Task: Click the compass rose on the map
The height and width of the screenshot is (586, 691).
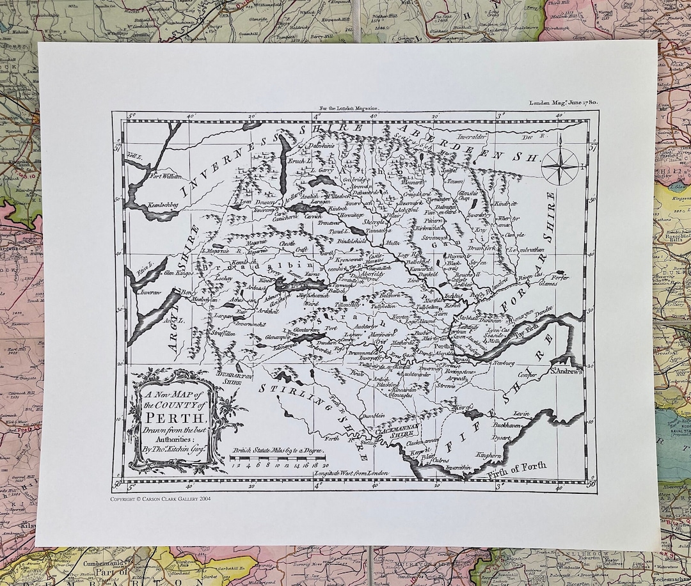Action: point(559,165)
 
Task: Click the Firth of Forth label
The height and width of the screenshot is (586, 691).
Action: point(521,468)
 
